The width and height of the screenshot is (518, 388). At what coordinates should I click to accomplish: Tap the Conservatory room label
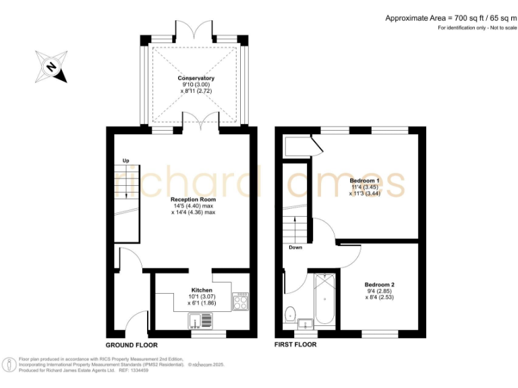[x=196, y=79]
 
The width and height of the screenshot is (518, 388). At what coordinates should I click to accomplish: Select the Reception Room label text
[x=193, y=199]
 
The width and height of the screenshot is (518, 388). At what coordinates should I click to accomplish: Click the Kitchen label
[x=183, y=290]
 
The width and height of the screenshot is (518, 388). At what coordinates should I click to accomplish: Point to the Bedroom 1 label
[x=365, y=181]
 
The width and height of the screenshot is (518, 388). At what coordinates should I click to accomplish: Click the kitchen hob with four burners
[x=241, y=300]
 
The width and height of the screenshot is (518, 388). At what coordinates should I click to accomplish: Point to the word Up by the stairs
[x=125, y=160]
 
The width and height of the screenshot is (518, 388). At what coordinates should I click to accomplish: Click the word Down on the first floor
[x=295, y=247]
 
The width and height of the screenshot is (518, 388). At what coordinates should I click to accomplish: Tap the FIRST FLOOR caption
[x=295, y=344]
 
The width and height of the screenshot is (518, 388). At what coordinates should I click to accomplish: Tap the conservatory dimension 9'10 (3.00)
[x=196, y=86]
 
